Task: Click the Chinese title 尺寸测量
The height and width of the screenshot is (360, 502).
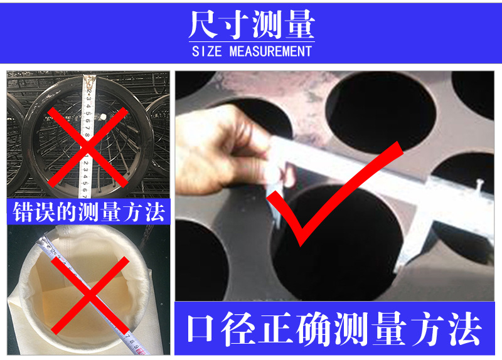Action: pyautogui.click(x=251, y=24)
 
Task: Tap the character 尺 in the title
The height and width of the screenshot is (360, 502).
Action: pyautogui.click(x=203, y=24)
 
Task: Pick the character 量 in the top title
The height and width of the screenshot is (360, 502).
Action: pyautogui.click(x=299, y=24)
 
